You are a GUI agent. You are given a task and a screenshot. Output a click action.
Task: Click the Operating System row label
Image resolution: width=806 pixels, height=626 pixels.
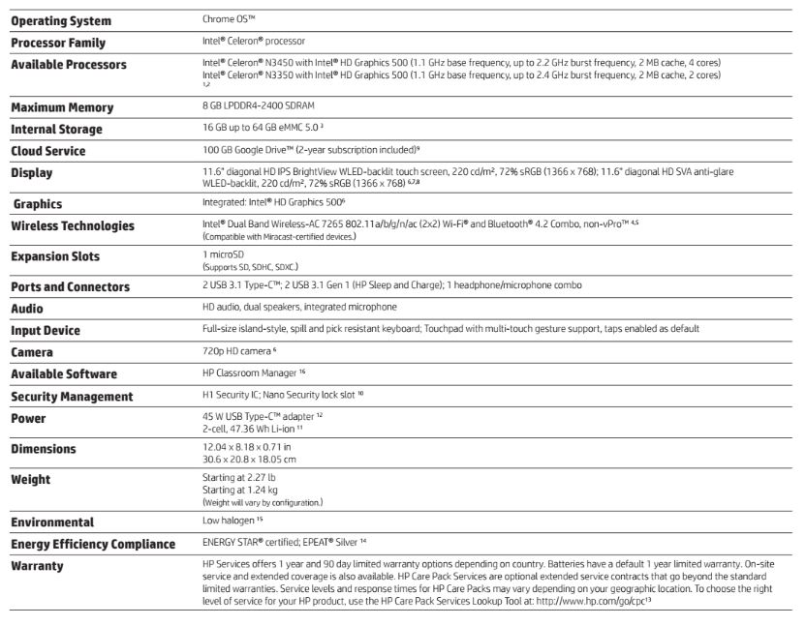click(60, 21)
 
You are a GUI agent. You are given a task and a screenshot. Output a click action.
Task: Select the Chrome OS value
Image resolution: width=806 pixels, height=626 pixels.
click(230, 19)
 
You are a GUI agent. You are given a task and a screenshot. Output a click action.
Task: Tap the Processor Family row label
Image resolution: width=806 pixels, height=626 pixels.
click(58, 43)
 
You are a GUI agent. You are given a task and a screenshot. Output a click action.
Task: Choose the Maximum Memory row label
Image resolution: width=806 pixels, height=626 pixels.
click(62, 107)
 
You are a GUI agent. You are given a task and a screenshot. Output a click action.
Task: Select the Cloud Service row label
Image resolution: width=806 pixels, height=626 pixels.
click(48, 151)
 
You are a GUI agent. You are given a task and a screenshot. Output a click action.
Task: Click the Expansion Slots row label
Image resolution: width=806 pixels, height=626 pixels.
click(55, 257)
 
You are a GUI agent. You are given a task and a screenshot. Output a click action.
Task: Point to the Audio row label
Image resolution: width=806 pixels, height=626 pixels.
click(27, 309)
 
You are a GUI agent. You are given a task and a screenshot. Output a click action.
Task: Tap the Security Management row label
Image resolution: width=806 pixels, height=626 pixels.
click(72, 397)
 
